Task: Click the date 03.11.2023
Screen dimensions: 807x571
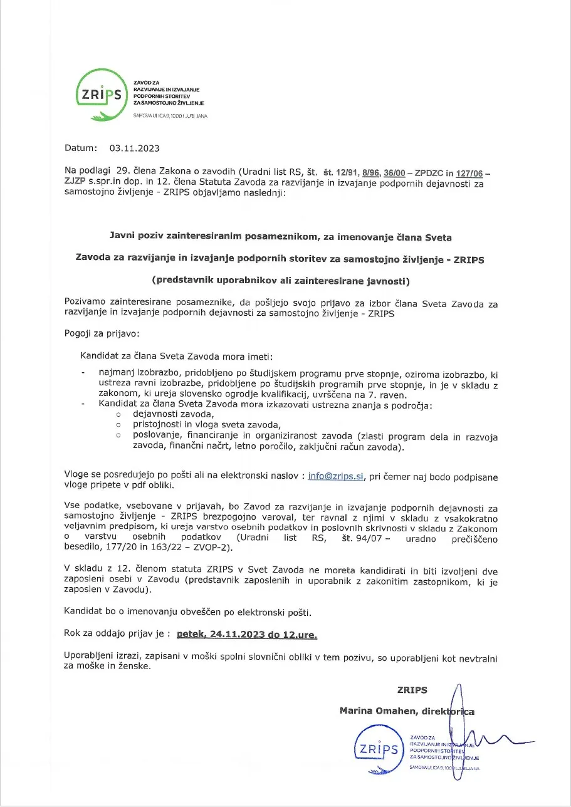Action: tap(134, 148)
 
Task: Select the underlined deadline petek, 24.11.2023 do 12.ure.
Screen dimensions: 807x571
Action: tap(247, 635)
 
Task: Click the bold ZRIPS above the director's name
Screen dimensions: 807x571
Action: tap(412, 690)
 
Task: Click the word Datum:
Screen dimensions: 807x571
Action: tap(81, 148)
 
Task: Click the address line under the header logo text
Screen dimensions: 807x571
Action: tap(170, 117)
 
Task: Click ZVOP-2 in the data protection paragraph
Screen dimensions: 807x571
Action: tap(210, 548)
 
